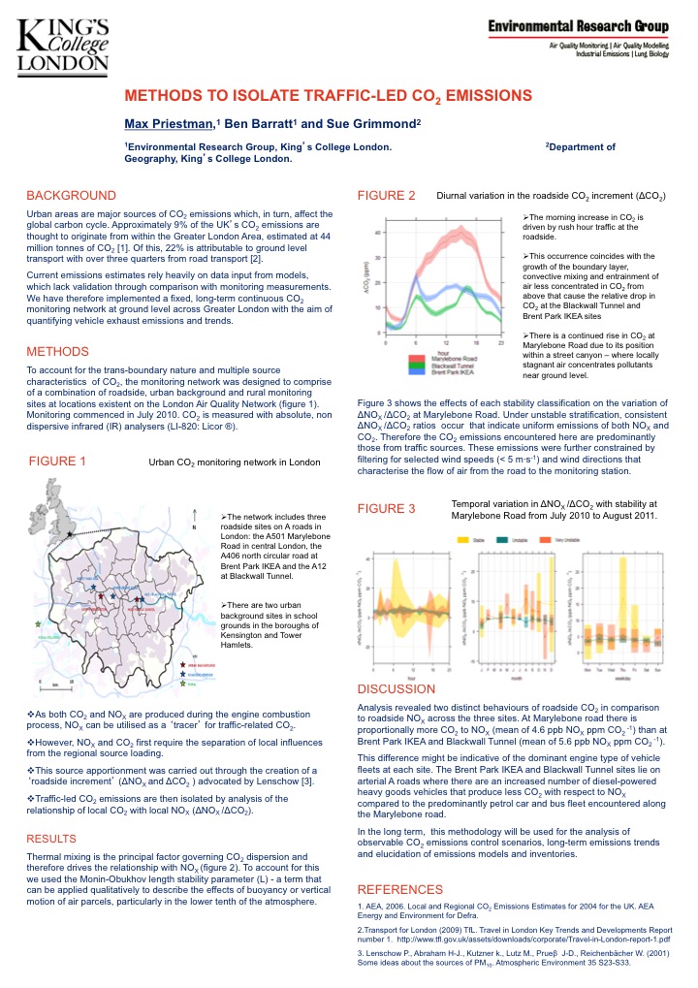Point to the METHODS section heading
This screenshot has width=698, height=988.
pyautogui.click(x=57, y=351)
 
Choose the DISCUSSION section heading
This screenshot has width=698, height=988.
pyautogui.click(x=397, y=688)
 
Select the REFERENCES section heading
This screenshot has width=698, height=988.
pyautogui.click(x=402, y=889)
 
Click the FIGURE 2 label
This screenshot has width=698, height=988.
pyautogui.click(x=386, y=196)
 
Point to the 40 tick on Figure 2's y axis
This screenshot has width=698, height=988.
pyautogui.click(x=378, y=233)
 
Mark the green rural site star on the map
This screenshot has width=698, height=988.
pyautogui.click(x=37, y=624)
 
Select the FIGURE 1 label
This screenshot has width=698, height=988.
pyautogui.click(x=58, y=462)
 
